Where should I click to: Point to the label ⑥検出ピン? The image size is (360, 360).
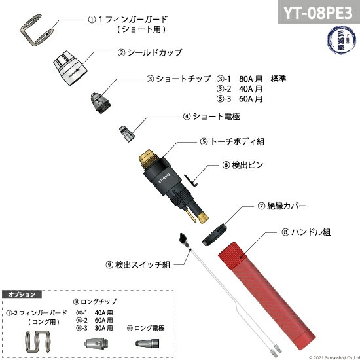(243, 165)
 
